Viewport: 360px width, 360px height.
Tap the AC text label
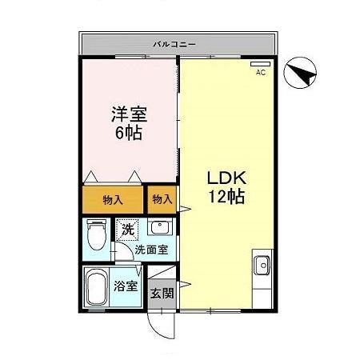pos(260,73)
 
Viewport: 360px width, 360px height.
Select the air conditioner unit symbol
pos(260,63)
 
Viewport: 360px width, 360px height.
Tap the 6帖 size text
pos(127,134)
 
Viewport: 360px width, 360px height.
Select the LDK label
pos(226,177)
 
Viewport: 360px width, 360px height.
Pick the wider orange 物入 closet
pos(112,199)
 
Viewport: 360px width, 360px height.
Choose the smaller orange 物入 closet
pos(162,198)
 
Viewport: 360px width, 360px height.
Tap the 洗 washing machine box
pos(127,230)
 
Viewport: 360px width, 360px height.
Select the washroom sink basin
pos(159,227)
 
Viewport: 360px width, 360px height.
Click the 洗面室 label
pos(150,249)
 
